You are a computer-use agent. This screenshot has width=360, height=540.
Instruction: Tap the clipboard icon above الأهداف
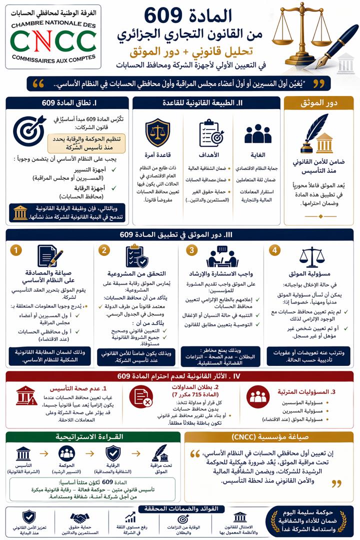[x=211, y=132]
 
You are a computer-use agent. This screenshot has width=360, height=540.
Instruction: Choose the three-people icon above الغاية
[x=258, y=133]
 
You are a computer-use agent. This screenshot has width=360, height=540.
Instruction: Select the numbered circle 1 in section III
[x=16, y=250]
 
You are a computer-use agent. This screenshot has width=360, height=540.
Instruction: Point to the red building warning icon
[x=26, y=395]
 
